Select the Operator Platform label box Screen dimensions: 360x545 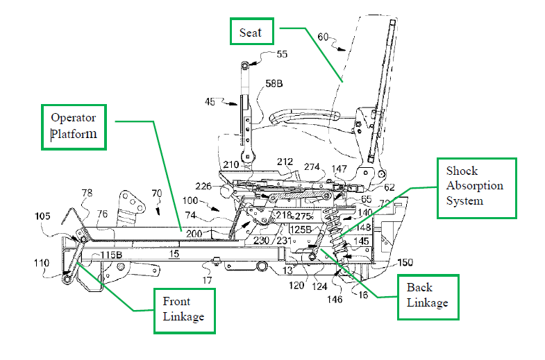click(x=74, y=126)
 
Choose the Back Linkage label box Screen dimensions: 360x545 click(x=428, y=295)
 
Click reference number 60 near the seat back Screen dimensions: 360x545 click(x=323, y=36)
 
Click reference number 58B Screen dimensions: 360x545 click(x=276, y=85)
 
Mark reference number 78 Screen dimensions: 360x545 click(x=87, y=193)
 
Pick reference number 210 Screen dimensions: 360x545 click(x=230, y=165)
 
